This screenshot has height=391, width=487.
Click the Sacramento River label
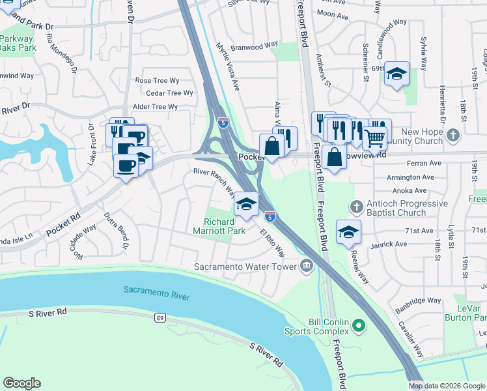(156, 293)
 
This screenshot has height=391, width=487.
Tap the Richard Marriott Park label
(219, 225)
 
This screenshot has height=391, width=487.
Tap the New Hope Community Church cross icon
(454, 136)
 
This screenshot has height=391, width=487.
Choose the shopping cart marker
(374, 138)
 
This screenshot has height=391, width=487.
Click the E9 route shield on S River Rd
(159, 318)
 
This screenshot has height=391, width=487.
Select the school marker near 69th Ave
(396, 74)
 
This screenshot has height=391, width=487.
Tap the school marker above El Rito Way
(246, 204)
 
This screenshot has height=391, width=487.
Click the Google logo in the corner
(21, 383)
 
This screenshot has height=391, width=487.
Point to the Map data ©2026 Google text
(447, 386)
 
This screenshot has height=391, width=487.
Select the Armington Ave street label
(410, 177)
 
